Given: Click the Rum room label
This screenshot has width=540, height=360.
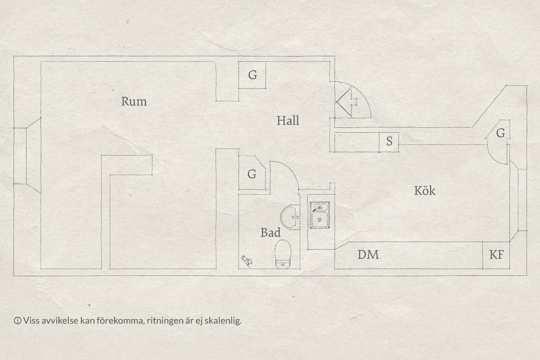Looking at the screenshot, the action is point(134,101).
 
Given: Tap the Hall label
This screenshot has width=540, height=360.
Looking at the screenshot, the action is point(288,120).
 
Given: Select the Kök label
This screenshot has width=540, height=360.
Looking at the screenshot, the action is point(425,190).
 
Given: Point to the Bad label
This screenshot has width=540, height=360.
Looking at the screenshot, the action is point(270,233).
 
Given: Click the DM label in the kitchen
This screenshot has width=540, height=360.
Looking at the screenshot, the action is point(368,255).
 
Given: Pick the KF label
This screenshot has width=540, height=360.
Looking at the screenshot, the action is point(497,255).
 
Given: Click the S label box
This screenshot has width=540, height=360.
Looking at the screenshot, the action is point(389,142).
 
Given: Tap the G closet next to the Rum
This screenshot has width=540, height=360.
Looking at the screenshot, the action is point(252,75).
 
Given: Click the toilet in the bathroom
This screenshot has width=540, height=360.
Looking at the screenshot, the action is point(283,254).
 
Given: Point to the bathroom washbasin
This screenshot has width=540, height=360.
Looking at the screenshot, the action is point(290,217).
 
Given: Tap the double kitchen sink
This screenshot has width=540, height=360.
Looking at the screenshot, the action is point(319,215).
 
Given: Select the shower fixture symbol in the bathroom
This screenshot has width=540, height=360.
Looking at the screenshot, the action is point(247,261).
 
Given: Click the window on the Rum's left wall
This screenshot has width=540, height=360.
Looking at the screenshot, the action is point(27,156).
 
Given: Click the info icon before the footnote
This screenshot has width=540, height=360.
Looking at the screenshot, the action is point(18,321).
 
